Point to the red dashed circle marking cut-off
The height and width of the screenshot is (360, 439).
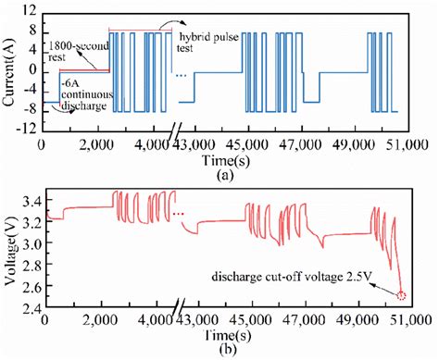[x=400, y=295]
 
